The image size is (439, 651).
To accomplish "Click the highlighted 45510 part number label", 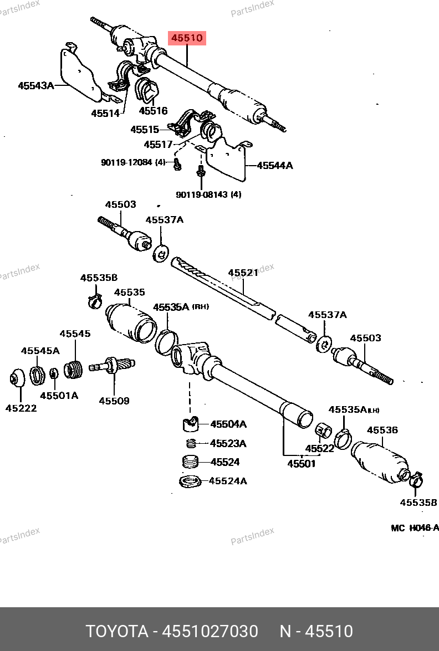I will (x=187, y=38).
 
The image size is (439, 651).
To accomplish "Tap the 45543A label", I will (x=35, y=85).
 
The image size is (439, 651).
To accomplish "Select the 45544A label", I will (x=274, y=165).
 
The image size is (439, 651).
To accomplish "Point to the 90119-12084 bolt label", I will (x=133, y=162).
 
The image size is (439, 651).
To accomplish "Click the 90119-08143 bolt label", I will (x=208, y=194).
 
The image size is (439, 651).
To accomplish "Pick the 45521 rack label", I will (x=243, y=273).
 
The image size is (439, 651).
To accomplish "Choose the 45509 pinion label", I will (x=114, y=401).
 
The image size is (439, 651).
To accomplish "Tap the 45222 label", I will (x=21, y=408).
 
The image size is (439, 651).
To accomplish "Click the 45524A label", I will (x=228, y=481).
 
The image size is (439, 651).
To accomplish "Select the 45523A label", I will (x=228, y=443).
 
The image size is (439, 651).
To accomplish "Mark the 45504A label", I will (x=228, y=424).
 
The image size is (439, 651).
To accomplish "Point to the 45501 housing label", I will (x=301, y=464).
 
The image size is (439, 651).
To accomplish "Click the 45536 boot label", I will (x=382, y=430).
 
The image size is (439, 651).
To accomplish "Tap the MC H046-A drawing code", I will (x=414, y=528).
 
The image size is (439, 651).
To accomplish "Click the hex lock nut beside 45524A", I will (x=190, y=481).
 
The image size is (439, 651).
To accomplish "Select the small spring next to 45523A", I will (x=191, y=443).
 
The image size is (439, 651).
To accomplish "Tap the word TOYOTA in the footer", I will (x=116, y=631).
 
